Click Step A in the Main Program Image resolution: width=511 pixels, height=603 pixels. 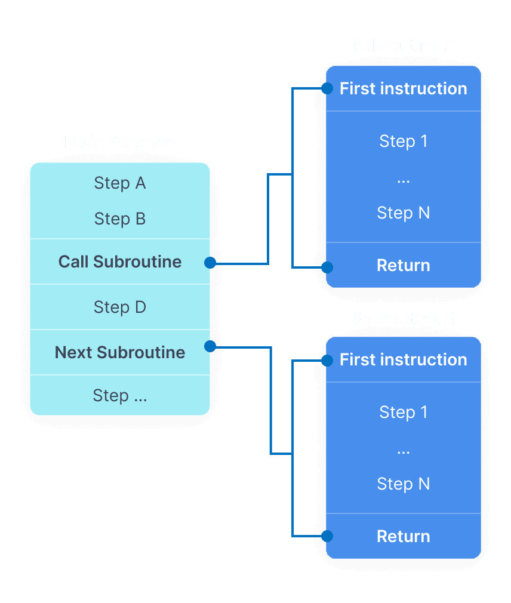tap(120, 183)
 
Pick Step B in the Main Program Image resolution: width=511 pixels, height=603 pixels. tap(120, 219)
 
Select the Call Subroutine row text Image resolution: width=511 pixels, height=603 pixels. tap(120, 261)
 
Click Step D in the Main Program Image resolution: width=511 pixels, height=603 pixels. tap(120, 307)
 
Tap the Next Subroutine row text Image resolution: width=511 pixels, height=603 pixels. tap(120, 352)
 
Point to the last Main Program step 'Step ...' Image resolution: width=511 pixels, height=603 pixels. tap(120, 395)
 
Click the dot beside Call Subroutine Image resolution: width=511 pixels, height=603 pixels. tap(210, 262)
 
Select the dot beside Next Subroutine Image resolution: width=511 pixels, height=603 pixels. tap(210, 346)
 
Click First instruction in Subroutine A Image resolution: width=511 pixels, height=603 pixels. tap(403, 88)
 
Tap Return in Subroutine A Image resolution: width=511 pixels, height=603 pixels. tap(403, 265)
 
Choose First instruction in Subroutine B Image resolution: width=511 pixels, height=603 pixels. tap(403, 359)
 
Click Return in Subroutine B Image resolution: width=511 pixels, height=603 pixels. tap(403, 536)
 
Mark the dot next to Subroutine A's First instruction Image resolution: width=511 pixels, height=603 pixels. tap(327, 89)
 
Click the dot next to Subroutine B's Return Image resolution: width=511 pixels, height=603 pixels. tap(327, 536)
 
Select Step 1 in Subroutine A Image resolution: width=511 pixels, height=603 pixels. tap(403, 141)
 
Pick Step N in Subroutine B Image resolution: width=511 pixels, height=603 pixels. tap(403, 484)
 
